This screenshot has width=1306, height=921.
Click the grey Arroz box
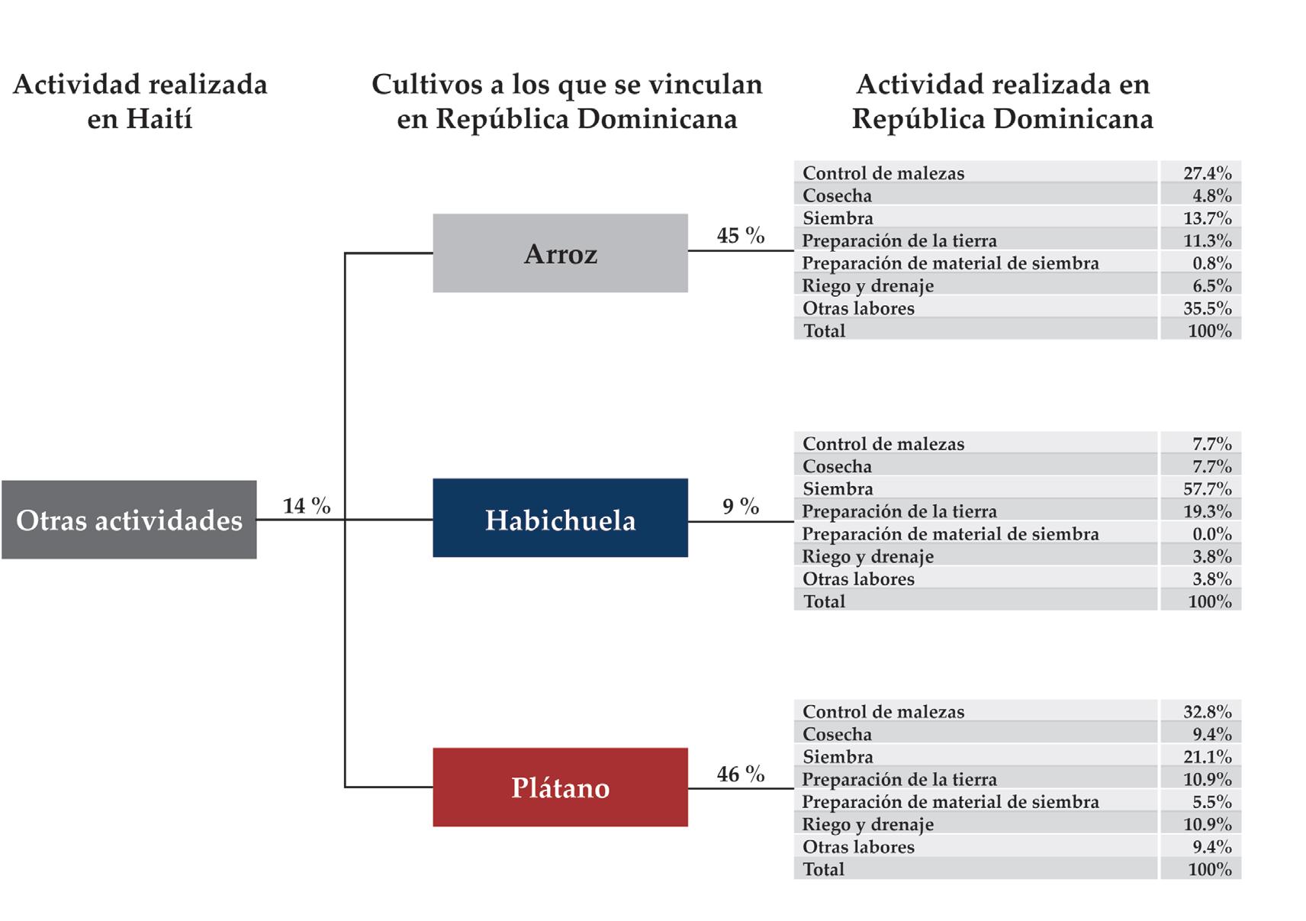pyautogui.click(x=560, y=253)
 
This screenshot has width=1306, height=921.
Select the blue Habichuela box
pyautogui.click(x=560, y=519)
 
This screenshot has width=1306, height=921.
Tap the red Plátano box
pyautogui.click(x=560, y=787)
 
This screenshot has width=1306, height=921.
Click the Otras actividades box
pyautogui.click(x=129, y=520)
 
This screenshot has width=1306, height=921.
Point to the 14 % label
pyautogui.click(x=307, y=506)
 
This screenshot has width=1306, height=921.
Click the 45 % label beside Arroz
pyautogui.click(x=740, y=236)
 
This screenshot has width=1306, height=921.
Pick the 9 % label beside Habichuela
pyautogui.click(x=740, y=507)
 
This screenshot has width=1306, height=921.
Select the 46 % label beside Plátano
pyautogui.click(x=740, y=774)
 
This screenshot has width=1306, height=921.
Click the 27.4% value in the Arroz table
pyautogui.click(x=1207, y=173)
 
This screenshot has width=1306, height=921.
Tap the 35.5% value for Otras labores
pyautogui.click(x=1207, y=308)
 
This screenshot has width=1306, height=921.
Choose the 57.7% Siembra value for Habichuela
pyautogui.click(x=1207, y=488)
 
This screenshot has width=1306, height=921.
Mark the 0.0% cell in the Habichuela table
pyautogui.click(x=1211, y=533)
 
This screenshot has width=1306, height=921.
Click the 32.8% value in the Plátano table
pyautogui.click(x=1207, y=712)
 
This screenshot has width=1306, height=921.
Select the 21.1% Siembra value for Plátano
pyautogui.click(x=1207, y=757)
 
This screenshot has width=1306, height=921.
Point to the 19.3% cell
pyautogui.click(x=1207, y=511)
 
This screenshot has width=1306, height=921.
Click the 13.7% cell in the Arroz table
pyautogui.click(x=1207, y=218)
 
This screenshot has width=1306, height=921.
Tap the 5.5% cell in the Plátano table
pyautogui.click(x=1211, y=802)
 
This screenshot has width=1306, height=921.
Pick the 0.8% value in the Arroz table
pyautogui.click(x=1211, y=263)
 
